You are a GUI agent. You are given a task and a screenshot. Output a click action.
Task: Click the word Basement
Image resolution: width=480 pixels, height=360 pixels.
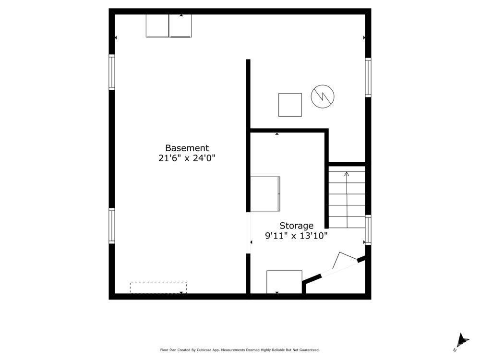(x=187, y=148)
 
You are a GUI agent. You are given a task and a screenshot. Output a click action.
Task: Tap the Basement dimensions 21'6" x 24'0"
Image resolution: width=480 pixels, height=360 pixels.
(x=187, y=158)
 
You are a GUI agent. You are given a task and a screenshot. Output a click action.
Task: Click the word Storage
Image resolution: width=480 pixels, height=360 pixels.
(x=297, y=226)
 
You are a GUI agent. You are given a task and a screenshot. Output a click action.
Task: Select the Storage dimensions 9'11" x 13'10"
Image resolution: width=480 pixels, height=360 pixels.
(x=297, y=236)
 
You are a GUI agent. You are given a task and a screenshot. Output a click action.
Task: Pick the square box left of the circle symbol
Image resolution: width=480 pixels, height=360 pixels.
(x=290, y=105)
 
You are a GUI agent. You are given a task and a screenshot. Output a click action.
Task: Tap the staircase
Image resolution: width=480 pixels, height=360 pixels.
(x=347, y=197)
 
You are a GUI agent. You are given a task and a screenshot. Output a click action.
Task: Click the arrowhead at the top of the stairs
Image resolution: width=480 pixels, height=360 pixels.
(x=347, y=174)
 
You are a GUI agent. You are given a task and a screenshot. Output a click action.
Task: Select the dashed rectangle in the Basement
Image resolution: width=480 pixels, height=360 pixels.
(x=158, y=287)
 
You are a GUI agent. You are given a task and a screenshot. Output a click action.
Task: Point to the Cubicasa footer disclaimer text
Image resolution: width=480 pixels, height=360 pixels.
(x=240, y=350)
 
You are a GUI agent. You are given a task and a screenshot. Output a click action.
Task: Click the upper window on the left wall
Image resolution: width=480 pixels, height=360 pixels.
(x=112, y=72)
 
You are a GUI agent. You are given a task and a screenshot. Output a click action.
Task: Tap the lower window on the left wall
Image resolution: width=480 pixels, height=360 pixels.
(x=112, y=226)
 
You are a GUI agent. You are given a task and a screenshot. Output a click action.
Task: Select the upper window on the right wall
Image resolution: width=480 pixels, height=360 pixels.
(x=368, y=77)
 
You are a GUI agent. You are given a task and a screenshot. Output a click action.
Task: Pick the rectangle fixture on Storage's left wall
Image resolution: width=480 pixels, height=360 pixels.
(x=265, y=194)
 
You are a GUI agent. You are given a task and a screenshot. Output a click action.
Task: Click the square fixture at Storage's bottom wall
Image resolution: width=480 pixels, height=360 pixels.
(x=284, y=282)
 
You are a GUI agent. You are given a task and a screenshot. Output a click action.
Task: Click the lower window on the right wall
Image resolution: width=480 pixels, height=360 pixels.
(x=368, y=230)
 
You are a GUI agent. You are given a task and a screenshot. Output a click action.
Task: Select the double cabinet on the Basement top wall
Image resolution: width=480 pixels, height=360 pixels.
(x=168, y=26)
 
